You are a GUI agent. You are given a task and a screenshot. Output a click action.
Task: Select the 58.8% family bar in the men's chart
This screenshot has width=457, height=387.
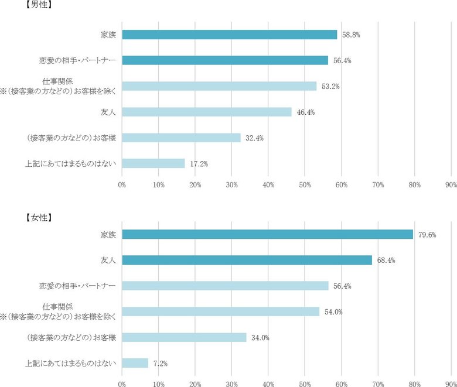point(230,35)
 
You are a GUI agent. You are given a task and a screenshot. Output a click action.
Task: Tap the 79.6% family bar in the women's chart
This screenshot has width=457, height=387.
point(267,234)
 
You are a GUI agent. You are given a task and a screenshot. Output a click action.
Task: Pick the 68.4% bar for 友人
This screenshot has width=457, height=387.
point(247,260)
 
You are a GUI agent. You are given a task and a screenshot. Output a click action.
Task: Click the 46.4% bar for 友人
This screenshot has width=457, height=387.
point(207,112)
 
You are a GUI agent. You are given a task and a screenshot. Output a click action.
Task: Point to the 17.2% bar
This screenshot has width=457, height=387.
point(154,163)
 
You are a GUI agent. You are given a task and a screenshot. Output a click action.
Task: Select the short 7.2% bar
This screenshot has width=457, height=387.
point(135,363)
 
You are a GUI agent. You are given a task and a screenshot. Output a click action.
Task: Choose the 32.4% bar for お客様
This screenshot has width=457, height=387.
point(181,138)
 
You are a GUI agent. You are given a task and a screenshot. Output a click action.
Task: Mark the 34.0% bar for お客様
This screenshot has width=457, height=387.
point(184,337)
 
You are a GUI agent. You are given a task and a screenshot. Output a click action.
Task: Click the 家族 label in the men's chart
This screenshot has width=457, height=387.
point(108,35)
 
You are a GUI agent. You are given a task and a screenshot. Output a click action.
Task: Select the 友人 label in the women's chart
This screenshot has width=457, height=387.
point(108,260)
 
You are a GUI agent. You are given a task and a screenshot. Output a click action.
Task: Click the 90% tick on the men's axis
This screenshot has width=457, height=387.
point(451,185)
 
